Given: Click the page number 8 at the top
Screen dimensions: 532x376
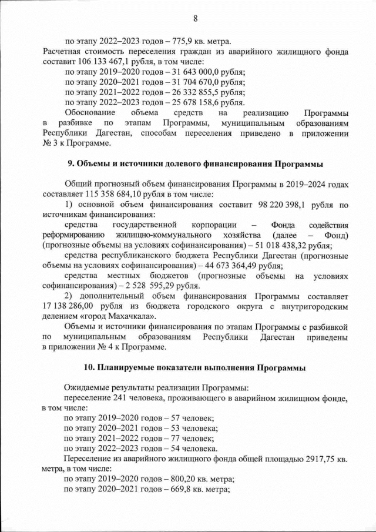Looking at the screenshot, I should (x=194, y=18).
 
